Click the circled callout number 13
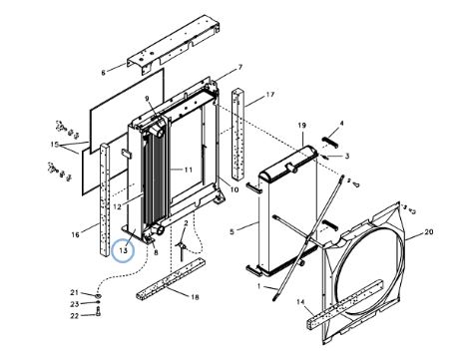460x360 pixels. [x=123, y=250]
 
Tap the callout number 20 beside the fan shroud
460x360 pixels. [x=429, y=231]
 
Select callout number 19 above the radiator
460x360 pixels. [x=301, y=126]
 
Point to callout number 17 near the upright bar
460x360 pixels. [x=270, y=95]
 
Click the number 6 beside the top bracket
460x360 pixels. [x=103, y=73]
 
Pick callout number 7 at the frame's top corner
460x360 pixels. [x=240, y=67]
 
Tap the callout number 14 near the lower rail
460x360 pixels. [x=300, y=302]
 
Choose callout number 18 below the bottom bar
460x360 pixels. [x=195, y=297]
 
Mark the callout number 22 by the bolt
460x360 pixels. [x=75, y=316]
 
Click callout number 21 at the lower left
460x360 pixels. [x=74, y=292]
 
